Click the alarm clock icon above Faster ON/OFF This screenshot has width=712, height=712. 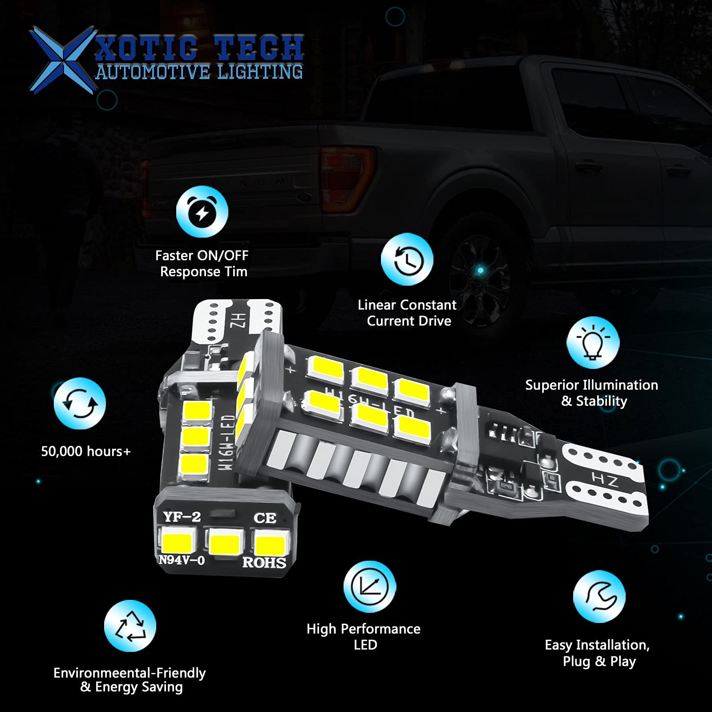point(202,212)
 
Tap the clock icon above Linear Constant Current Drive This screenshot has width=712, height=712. point(407,259)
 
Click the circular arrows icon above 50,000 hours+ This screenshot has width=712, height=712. point(80,404)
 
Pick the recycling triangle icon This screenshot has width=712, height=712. point(130,626)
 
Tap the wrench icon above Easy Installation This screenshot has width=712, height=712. point(599,596)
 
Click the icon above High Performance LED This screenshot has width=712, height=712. point(369,587)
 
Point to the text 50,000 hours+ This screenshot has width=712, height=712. point(86,451)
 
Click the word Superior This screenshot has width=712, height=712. point(552,385)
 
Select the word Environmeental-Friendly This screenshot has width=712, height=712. point(129,672)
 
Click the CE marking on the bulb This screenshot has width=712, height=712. point(265,518)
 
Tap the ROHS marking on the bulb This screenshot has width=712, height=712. point(264,562)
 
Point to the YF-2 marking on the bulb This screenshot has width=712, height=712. point(182,517)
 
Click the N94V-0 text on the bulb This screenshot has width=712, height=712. point(182,560)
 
